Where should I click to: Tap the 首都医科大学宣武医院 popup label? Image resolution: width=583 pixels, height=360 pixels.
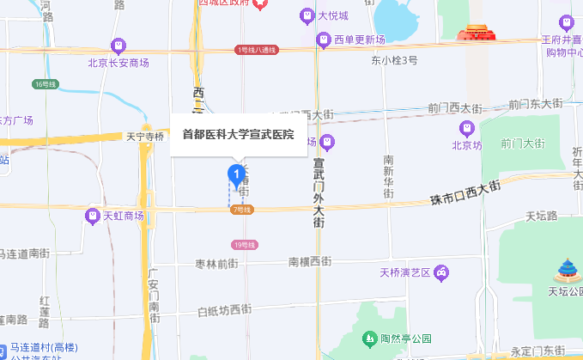point(238,134)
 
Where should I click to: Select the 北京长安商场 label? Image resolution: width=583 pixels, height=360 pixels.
point(118,62)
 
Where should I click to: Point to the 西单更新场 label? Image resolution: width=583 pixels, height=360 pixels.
point(358,40)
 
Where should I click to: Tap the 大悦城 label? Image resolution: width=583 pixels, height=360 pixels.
point(333,15)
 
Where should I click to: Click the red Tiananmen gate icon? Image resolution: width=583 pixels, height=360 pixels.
point(477,34)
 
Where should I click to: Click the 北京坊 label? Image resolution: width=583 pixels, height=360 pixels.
point(467,145)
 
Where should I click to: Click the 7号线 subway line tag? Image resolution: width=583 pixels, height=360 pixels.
point(242,210)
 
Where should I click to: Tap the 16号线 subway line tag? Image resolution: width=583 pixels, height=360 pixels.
point(45,83)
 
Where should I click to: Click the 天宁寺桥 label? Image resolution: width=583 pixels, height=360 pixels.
point(144,136)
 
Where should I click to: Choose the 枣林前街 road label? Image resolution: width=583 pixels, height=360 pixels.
point(216,263)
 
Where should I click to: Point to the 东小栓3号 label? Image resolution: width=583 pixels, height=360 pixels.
point(394,61)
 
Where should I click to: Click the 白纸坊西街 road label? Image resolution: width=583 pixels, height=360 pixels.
point(224,310)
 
